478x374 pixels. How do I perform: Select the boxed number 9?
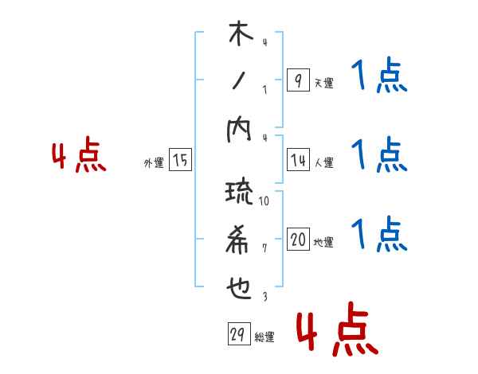click(297, 80)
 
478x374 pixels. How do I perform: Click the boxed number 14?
click(297, 161)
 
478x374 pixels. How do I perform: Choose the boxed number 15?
click(180, 161)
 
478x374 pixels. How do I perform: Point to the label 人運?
click(323, 163)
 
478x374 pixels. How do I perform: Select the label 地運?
click(323, 243)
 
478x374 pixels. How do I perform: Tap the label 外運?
click(154, 163)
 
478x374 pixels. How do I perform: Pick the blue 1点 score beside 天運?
click(379, 77)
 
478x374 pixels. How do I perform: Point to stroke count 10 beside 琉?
click(264, 201)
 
